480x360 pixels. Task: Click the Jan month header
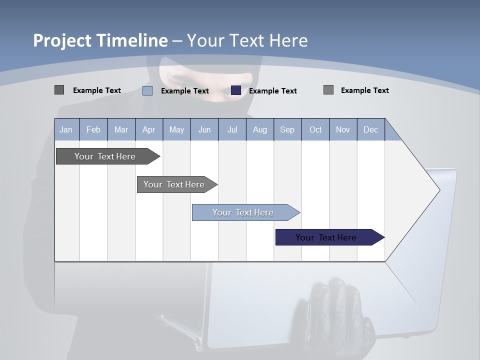pos(66,130)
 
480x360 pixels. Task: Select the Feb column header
pos(93,130)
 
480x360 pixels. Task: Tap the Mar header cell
pos(121,130)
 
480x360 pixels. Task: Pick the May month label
pos(176,130)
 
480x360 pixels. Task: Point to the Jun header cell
pos(204,130)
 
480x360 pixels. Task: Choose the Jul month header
pos(232,130)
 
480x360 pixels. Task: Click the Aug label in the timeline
pos(260,130)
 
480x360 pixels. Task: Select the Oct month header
pos(315,130)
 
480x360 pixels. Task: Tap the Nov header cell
pos(343,130)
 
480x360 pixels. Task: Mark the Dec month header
pos(371,130)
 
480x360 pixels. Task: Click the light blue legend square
pos(147,90)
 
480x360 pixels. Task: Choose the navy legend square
pos(236,90)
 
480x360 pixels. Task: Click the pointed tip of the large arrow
pos(438,189)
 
